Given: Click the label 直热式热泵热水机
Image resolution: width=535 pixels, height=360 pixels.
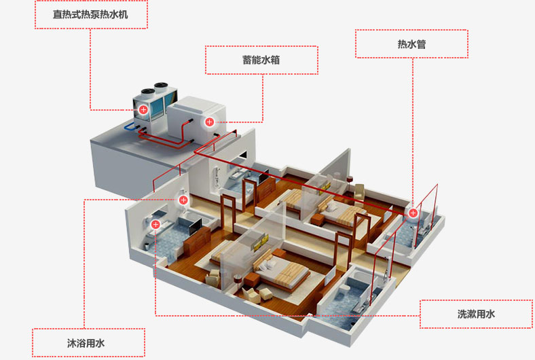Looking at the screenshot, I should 91,14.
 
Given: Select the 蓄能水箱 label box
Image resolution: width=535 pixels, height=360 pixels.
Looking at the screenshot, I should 261,60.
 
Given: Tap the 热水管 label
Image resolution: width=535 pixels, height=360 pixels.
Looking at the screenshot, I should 411,44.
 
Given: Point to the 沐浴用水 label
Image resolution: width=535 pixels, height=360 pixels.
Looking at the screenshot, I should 88,342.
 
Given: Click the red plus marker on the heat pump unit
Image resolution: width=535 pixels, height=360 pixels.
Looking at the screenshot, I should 143,109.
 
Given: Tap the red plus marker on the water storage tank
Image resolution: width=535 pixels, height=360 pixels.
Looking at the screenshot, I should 210,122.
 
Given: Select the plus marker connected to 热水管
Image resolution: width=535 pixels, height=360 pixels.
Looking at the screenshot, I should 413,213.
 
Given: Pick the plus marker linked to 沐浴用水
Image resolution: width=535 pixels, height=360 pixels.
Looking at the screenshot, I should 183,200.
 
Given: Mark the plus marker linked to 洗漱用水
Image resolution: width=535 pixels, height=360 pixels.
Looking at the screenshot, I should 155,224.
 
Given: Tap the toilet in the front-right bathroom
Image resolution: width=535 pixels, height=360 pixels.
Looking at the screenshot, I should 346,291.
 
